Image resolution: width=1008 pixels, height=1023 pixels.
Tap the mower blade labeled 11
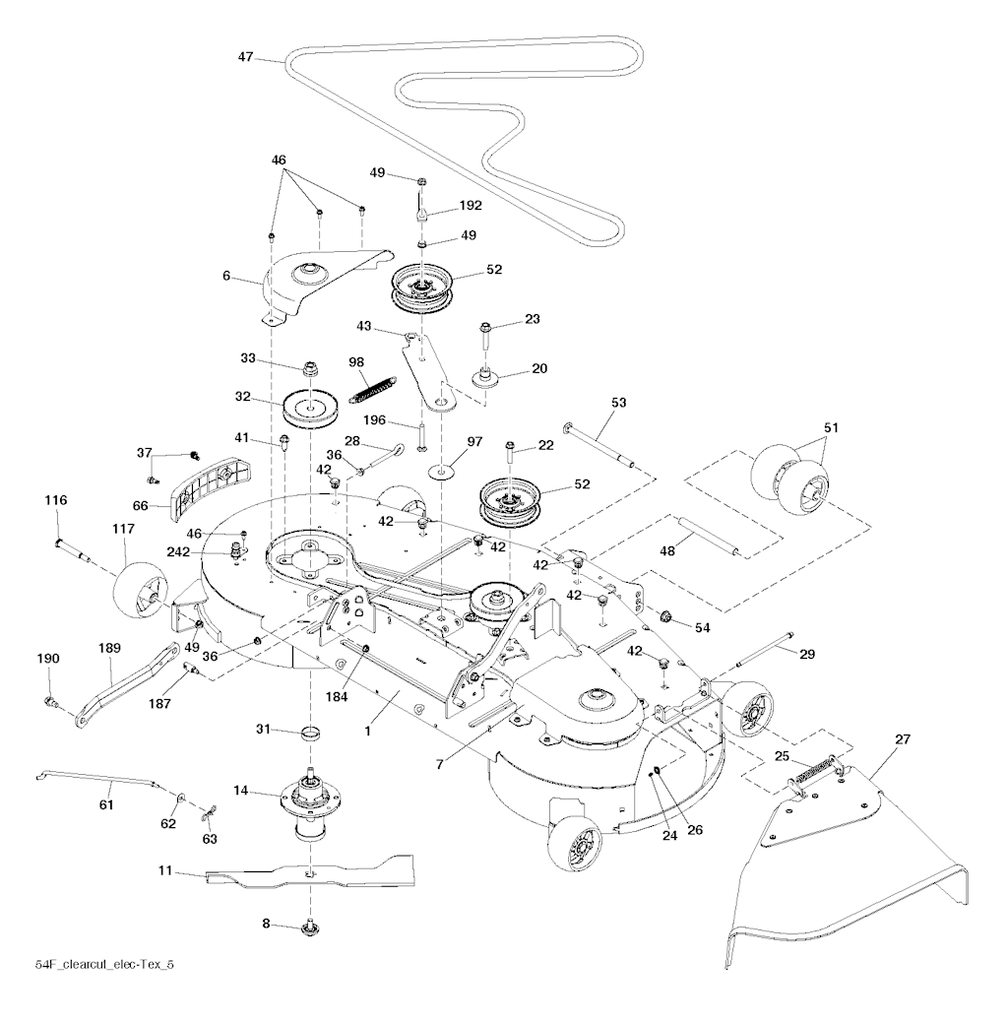311,871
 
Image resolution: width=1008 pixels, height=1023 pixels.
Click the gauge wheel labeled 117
139,589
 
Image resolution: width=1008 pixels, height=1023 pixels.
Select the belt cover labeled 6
315,276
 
